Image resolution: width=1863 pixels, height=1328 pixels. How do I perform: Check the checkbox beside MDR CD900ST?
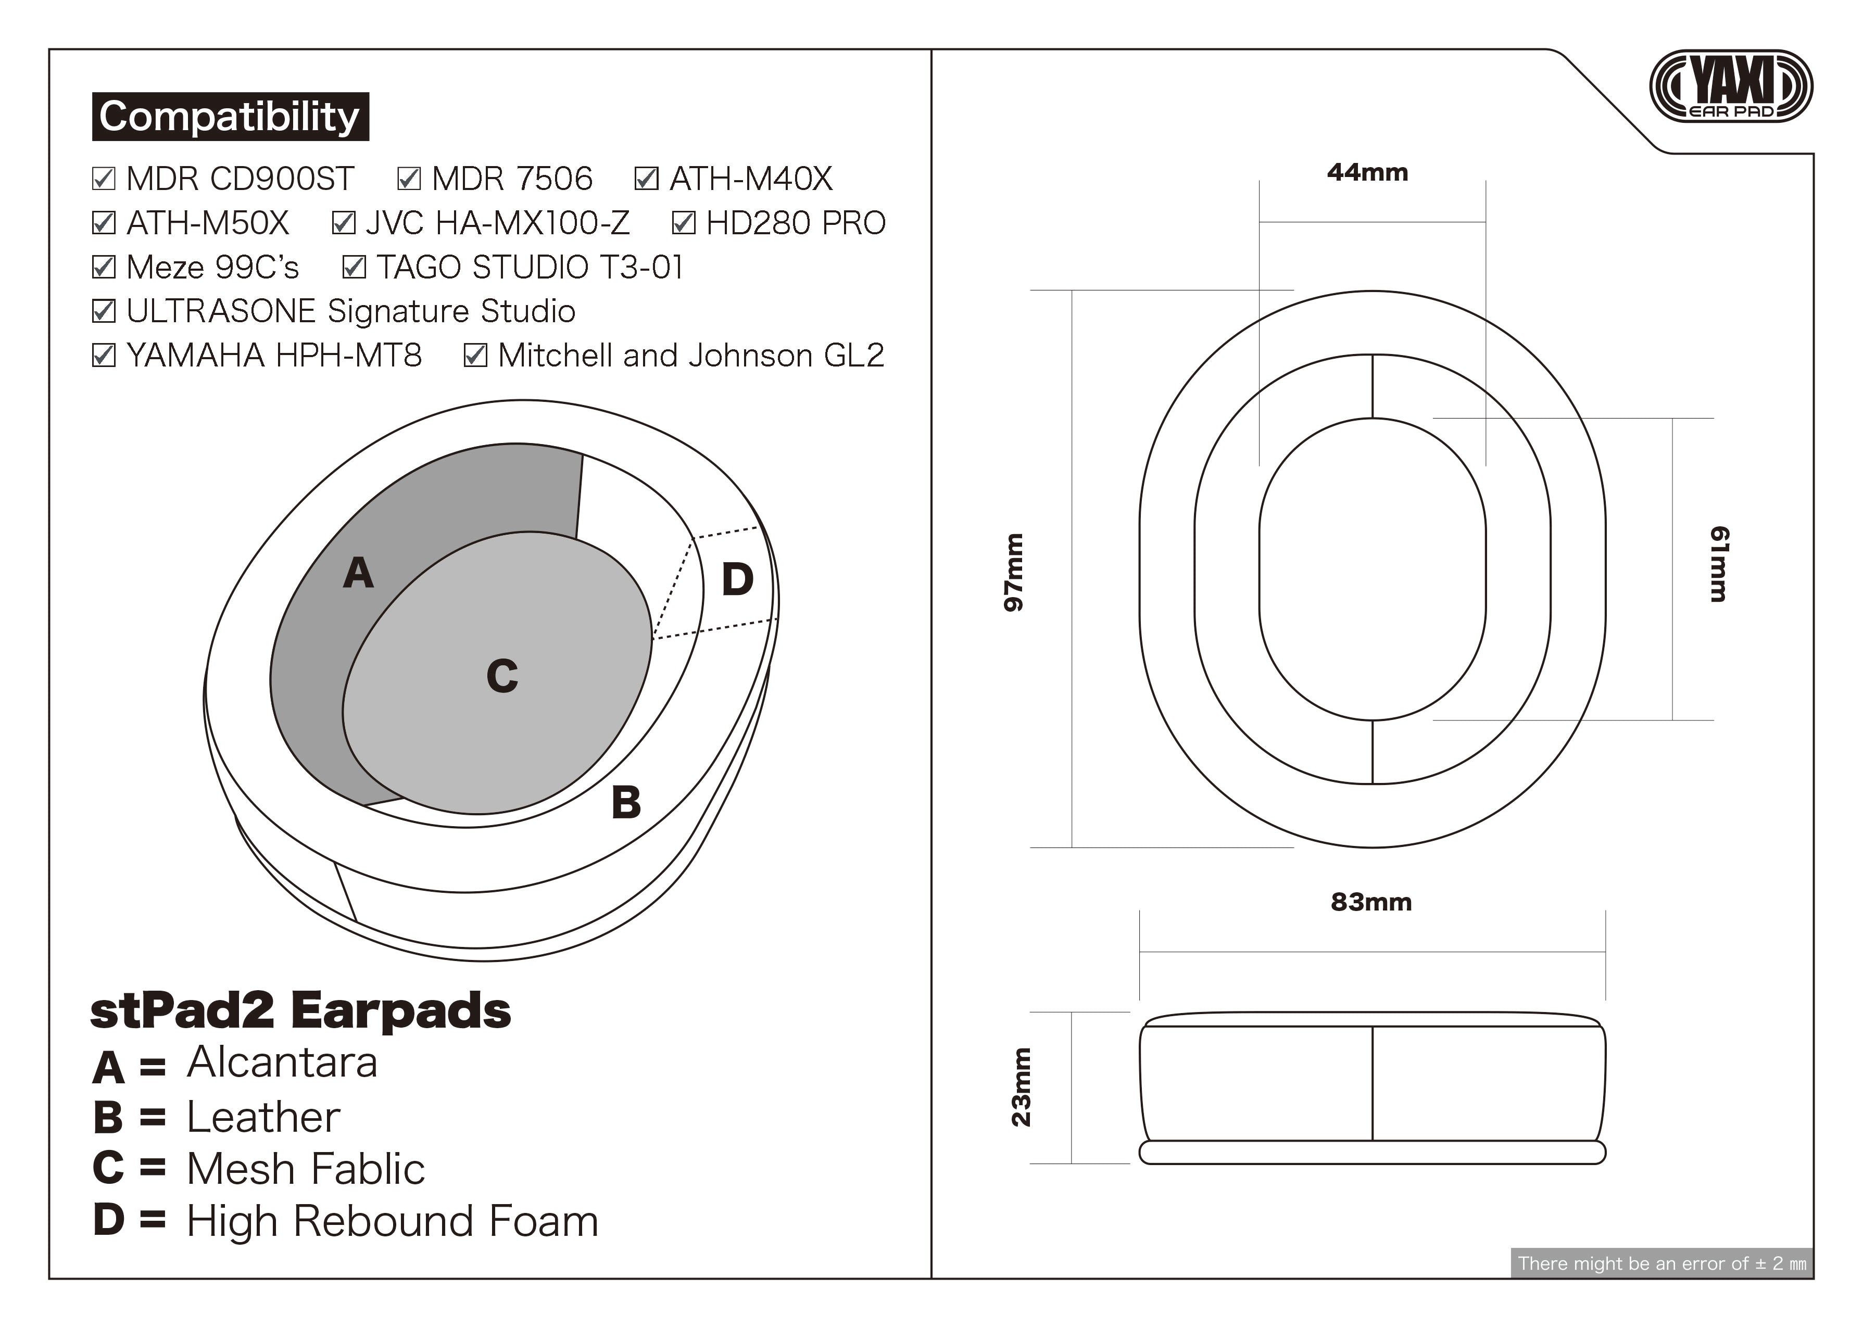click(x=104, y=178)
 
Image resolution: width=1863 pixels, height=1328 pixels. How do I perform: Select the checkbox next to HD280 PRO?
click(x=684, y=222)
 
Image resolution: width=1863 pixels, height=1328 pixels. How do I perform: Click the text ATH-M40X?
click(x=751, y=178)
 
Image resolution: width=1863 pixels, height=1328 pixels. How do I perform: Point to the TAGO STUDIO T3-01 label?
click(x=529, y=267)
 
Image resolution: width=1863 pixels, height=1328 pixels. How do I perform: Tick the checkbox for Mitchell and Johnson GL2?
click(x=475, y=355)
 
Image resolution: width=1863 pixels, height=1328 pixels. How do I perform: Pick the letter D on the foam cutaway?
click(x=737, y=580)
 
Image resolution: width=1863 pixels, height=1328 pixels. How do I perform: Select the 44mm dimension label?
click(x=1367, y=172)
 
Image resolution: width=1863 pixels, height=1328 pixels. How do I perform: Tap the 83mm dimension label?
click(x=1370, y=902)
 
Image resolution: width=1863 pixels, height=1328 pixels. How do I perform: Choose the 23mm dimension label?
click(x=1022, y=1087)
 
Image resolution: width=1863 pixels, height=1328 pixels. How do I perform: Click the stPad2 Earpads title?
click(x=300, y=1011)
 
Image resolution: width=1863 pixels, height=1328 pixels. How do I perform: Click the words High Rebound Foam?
click(x=393, y=1221)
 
